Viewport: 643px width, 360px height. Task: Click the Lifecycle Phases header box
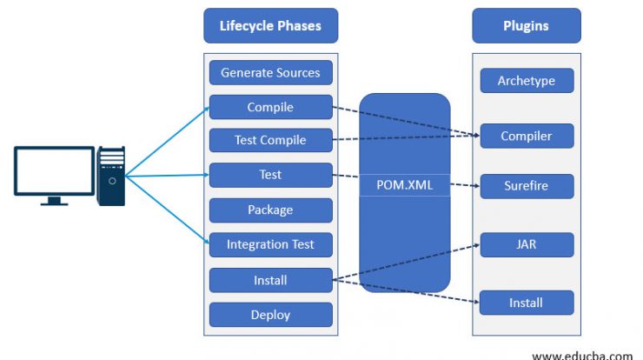point(270,25)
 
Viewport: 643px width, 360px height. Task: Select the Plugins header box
point(526,25)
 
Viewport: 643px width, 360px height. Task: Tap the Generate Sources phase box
point(270,73)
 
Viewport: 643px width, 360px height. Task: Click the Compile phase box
point(270,107)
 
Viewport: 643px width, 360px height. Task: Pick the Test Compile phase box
point(270,140)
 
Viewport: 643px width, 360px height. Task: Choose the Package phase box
point(270,210)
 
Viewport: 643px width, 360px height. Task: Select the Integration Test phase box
point(270,244)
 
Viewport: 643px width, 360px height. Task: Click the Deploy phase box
point(270,315)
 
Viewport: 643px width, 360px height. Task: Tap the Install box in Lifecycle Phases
point(270,280)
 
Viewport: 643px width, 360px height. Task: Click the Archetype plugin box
point(527,81)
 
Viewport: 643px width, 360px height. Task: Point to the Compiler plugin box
point(527,136)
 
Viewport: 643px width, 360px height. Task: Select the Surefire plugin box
point(527,186)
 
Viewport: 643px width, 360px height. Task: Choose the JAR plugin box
point(527,244)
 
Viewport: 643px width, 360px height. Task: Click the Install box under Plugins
point(527,303)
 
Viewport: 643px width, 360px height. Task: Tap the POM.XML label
point(405,185)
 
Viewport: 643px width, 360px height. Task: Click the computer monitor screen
point(54,171)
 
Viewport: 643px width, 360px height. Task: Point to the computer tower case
point(110,177)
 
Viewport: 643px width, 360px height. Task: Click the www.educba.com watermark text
point(582,355)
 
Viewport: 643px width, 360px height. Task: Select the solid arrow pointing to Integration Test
point(168,210)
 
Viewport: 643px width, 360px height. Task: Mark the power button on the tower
point(112,181)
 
